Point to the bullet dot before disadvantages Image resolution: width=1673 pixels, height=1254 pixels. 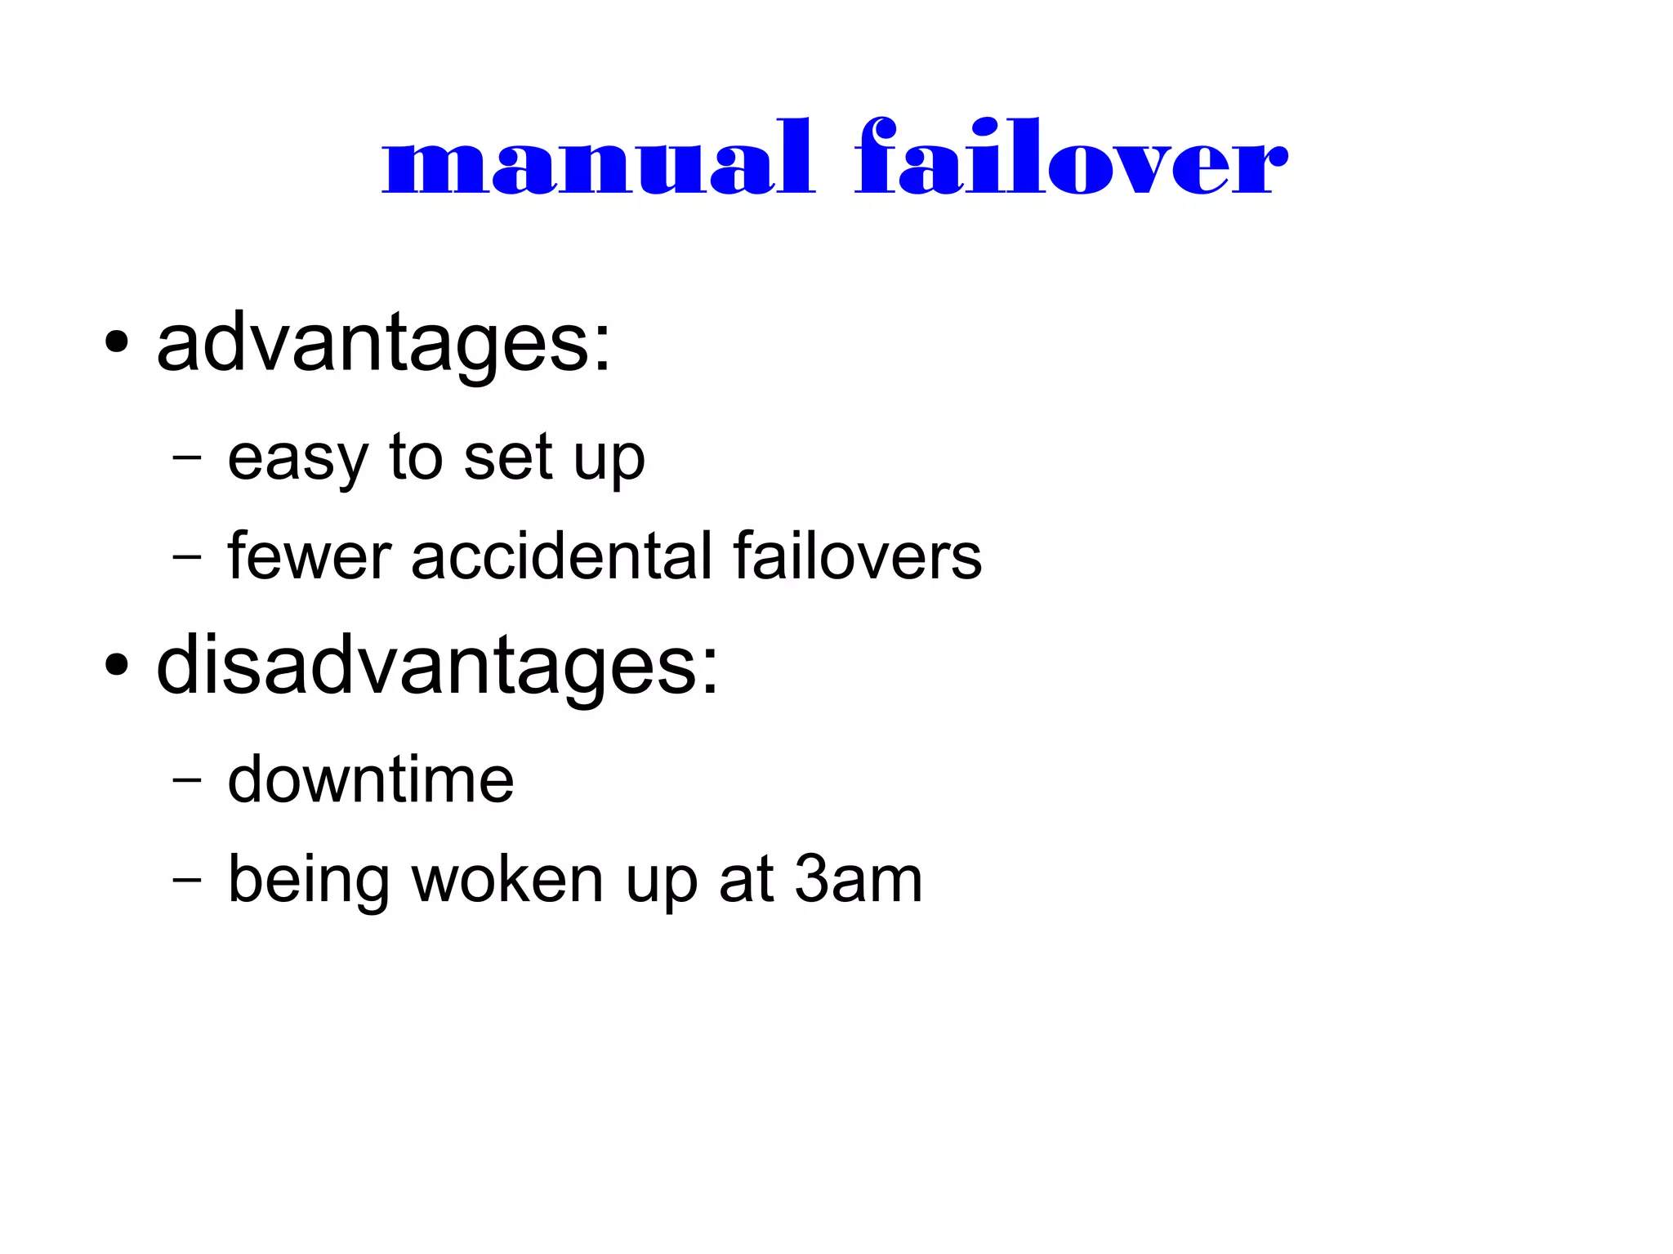[x=117, y=665]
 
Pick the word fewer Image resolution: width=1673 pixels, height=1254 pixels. [x=310, y=557]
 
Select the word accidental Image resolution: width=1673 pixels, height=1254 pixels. [x=562, y=557]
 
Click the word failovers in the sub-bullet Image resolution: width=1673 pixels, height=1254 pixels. [x=857, y=557]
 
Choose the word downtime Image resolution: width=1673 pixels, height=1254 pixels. [x=371, y=780]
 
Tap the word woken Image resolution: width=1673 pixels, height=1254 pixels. [x=507, y=880]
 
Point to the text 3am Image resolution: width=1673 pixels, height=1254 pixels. [x=859, y=880]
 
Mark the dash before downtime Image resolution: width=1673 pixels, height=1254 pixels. [x=186, y=781]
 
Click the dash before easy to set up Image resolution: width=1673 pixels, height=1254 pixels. [x=186, y=458]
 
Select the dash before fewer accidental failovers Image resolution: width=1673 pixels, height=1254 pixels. [x=186, y=558]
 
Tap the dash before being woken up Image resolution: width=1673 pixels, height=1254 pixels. [x=186, y=881]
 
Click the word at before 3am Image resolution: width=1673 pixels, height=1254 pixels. [x=746, y=880]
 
